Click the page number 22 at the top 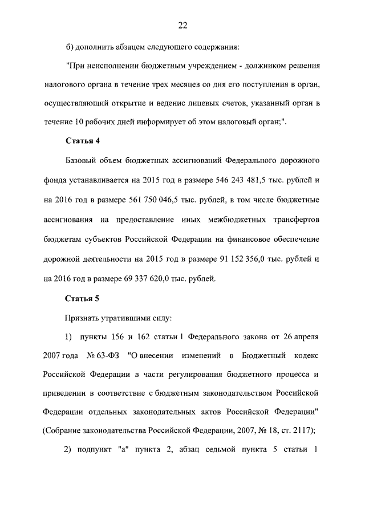[x=182, y=25]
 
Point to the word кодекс [x=305, y=356]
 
